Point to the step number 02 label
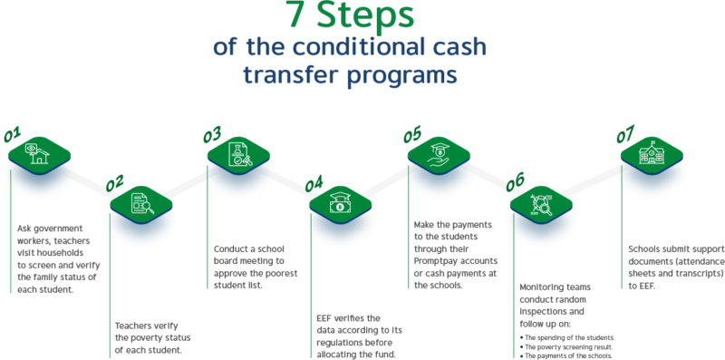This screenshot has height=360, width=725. [115, 184]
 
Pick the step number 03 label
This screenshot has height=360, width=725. [212, 135]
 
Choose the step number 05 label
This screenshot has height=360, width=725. [412, 134]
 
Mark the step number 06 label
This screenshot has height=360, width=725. [515, 182]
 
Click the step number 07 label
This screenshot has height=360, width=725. [625, 135]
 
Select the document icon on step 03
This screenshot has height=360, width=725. [238, 152]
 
